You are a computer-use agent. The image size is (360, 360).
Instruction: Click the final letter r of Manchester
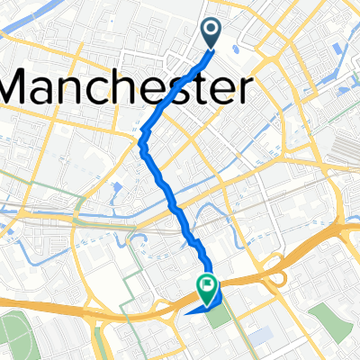[x=240, y=90]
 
